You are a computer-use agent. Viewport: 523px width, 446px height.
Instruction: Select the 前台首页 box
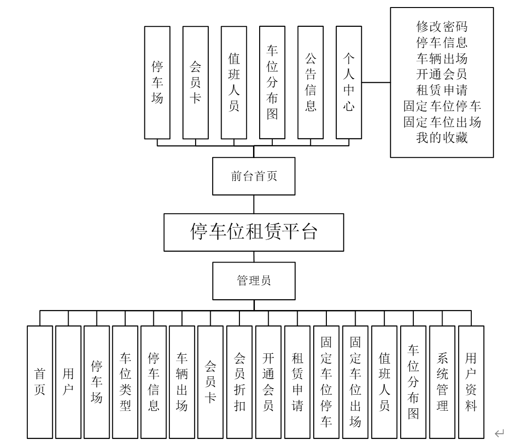click(x=254, y=176)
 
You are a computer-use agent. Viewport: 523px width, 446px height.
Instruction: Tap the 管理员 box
click(x=254, y=280)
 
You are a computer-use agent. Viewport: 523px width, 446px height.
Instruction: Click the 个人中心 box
click(x=349, y=82)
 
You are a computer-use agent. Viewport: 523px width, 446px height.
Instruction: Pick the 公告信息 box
click(x=310, y=82)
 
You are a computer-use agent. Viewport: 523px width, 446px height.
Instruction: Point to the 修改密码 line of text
click(x=442, y=25)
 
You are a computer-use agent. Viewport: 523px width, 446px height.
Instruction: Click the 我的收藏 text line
click(x=442, y=138)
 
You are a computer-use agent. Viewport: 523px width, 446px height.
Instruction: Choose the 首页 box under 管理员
click(x=40, y=382)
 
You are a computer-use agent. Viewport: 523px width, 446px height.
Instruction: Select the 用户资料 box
click(x=471, y=382)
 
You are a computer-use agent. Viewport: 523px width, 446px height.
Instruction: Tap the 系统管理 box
click(x=442, y=382)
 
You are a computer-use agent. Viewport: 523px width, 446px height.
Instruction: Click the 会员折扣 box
click(x=239, y=382)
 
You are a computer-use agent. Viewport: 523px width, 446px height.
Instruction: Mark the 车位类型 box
click(x=125, y=382)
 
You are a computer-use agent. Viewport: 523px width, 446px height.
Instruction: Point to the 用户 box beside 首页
click(x=68, y=382)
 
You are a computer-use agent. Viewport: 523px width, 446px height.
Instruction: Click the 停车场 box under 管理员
click(x=96, y=382)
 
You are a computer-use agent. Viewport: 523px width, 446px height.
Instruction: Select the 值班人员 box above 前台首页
click(x=234, y=82)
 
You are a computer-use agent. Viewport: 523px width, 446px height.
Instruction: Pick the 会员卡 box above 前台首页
click(x=195, y=82)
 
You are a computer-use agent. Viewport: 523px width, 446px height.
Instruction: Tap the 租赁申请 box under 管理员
click(x=297, y=382)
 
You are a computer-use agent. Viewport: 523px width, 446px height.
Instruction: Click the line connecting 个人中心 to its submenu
click(x=376, y=82)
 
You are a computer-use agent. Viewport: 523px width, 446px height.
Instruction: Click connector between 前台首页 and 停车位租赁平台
click(x=254, y=204)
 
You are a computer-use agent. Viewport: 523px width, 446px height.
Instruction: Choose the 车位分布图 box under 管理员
click(x=413, y=382)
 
